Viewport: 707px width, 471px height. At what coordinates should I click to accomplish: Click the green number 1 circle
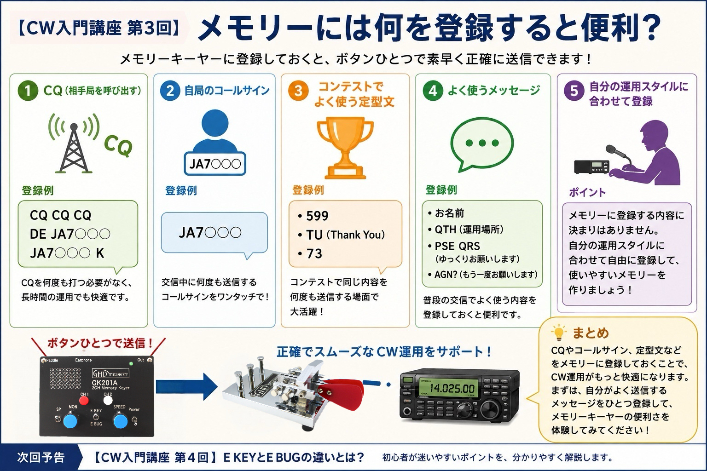pos(28,91)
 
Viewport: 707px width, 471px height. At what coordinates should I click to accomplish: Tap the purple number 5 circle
pos(574,91)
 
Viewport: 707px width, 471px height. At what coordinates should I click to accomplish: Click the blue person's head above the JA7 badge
pos(214,123)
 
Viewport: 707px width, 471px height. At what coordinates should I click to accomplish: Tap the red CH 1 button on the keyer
pos(84,401)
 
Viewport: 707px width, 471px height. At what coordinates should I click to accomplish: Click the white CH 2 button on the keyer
pos(108,400)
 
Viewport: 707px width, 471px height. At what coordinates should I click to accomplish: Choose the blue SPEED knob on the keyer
pos(121,420)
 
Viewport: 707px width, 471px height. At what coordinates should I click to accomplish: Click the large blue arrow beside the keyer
pos(187,386)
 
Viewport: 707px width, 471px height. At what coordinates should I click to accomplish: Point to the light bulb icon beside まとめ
pos(559,333)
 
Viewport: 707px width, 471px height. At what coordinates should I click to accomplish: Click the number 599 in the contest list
pos(317,216)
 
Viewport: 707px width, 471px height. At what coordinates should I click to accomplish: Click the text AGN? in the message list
pos(446,275)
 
